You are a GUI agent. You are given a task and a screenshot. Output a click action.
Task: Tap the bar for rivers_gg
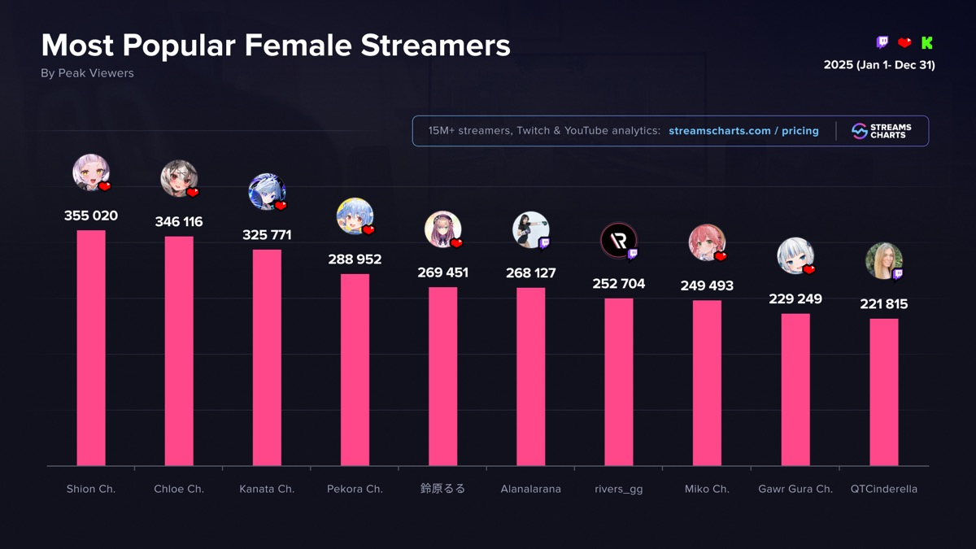[x=619, y=382]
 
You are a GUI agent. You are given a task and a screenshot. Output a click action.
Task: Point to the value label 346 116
[x=179, y=222]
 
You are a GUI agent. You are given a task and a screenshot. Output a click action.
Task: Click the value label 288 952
[x=355, y=259]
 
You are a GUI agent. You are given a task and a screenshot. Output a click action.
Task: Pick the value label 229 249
[x=795, y=299]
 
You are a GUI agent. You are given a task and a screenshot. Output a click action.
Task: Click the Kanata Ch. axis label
[x=267, y=489]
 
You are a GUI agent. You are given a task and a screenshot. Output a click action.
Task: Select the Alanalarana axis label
[x=530, y=489]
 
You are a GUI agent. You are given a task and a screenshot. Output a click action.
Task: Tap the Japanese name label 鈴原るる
[x=442, y=489]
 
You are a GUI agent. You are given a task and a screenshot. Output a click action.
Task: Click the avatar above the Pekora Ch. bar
[x=355, y=216]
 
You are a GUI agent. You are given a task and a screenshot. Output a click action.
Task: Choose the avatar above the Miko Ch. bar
[x=707, y=242]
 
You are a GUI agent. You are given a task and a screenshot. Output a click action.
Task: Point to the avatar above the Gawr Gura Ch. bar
[x=795, y=255]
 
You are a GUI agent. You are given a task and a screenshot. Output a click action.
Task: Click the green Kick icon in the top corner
[x=926, y=43]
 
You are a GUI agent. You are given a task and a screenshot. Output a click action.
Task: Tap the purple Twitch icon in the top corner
[x=882, y=43]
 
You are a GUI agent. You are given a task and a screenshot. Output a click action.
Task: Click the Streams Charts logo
[x=882, y=131]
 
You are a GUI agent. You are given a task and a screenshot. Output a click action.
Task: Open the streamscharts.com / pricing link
[x=743, y=131]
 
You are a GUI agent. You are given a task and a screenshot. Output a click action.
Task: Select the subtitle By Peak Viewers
[x=87, y=73]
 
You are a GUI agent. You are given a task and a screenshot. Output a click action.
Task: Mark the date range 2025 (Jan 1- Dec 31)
[x=879, y=65]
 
